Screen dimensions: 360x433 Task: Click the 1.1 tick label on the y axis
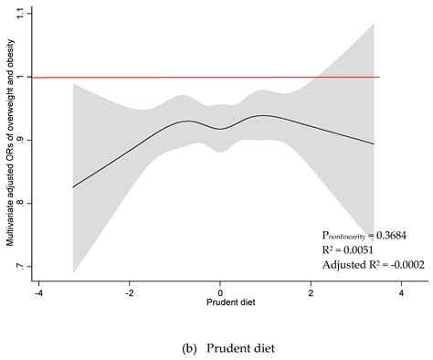(x=23, y=14)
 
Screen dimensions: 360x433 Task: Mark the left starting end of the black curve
(x=72, y=187)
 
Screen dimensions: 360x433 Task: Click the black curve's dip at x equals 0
(x=221, y=129)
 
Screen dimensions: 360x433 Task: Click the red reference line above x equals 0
(x=221, y=77)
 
